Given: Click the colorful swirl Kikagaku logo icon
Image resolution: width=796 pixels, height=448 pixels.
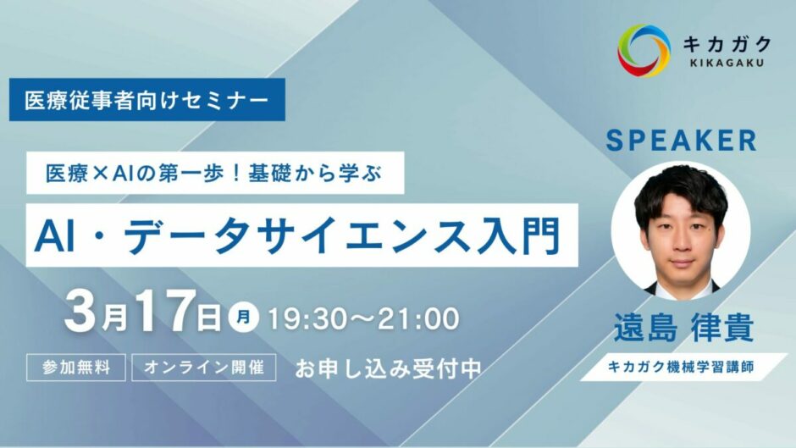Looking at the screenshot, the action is point(644,51).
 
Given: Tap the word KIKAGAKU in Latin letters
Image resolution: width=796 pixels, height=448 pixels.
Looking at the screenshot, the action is point(726,64).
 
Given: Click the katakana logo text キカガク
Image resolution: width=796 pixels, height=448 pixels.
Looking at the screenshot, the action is point(727,44).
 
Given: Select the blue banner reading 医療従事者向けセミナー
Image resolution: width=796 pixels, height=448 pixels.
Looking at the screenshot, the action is point(147,100).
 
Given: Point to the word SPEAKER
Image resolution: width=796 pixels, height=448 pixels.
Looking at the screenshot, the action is point(682,141).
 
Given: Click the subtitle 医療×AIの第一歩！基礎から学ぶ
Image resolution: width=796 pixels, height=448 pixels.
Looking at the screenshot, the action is point(215,174).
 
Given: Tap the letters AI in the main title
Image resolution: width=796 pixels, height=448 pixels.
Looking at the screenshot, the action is point(51,236).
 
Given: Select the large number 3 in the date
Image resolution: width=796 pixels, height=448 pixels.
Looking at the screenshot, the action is point(80,311).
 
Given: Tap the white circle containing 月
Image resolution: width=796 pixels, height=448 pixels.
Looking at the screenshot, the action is point(244,318).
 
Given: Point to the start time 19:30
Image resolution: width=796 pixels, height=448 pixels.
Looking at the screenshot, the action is point(306,319).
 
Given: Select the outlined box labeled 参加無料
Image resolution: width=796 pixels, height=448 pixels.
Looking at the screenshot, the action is point(76,368).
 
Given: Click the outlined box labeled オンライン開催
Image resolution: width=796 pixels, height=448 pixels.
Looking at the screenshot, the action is point(204,368).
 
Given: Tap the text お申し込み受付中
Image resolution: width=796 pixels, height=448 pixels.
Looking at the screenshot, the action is point(388,368).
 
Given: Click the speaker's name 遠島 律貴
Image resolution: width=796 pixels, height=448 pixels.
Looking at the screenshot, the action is point(683,328).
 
